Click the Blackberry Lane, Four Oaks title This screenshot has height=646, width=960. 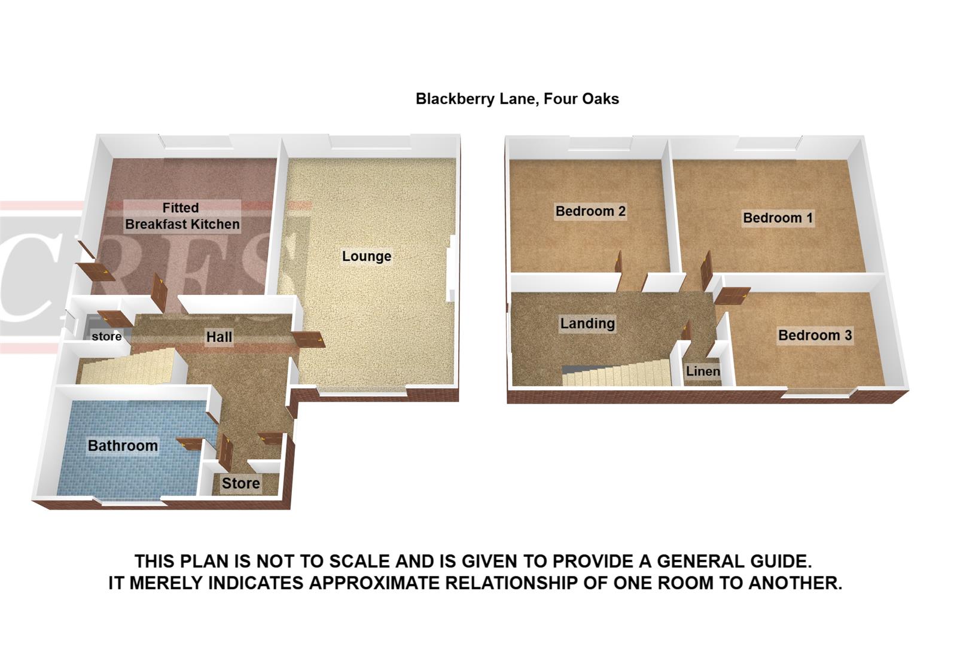[x=517, y=99]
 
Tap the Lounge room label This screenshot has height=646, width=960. [x=366, y=257]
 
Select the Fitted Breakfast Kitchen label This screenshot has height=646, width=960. [x=182, y=216]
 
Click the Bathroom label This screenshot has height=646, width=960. [x=123, y=446]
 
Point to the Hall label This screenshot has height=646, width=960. [x=219, y=337]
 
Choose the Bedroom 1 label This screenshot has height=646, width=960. [x=778, y=218]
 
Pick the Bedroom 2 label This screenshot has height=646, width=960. [x=590, y=211]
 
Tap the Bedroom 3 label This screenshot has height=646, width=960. [x=814, y=336]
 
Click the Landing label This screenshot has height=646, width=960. [x=587, y=324]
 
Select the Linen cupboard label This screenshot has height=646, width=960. [x=703, y=371]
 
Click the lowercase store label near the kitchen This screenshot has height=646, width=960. [x=106, y=337]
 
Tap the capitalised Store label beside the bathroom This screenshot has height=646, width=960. [x=240, y=483]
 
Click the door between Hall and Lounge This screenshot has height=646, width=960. [x=309, y=339]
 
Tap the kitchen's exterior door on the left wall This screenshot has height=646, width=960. [x=95, y=271]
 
